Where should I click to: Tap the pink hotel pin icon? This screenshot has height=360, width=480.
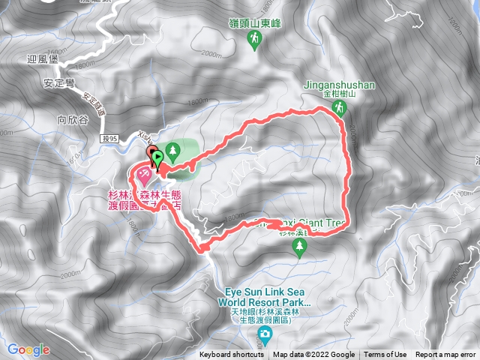point(143,175)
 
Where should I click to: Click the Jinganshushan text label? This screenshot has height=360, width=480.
point(339,85)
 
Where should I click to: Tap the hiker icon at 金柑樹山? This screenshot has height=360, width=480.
point(339,108)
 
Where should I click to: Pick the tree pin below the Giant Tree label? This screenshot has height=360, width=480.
point(300,251)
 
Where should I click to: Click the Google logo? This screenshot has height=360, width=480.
point(28,349)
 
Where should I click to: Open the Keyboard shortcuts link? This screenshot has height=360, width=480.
point(232,355)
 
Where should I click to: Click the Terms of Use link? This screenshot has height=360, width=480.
point(385,355)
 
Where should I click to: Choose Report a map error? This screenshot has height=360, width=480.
point(447,355)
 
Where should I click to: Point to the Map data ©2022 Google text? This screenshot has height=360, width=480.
point(313,355)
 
